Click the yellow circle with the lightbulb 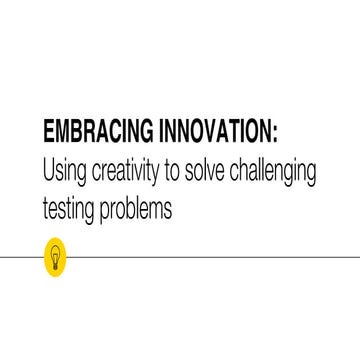click(53, 255)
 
